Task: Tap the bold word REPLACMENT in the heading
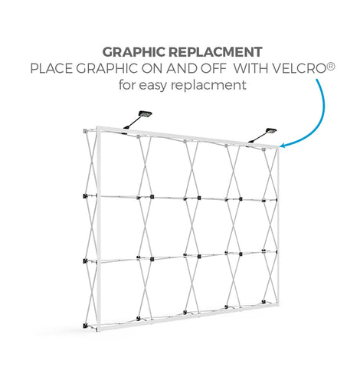[x=215, y=52]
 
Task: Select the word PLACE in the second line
[x=51, y=68]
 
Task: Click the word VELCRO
[x=299, y=68]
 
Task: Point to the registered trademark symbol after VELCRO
[x=330, y=66]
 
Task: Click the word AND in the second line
[x=182, y=68]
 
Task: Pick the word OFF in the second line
[x=214, y=68]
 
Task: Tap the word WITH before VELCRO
[x=250, y=68]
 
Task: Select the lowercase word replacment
[x=208, y=86]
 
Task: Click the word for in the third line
[x=127, y=84]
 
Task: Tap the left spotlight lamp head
[x=145, y=114]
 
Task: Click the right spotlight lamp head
[x=270, y=131]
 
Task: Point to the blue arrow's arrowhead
[x=282, y=146]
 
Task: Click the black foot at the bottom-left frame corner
[x=85, y=326]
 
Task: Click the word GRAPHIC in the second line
[x=106, y=68]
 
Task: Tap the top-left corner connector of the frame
[x=85, y=131]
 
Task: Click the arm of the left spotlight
[x=132, y=123]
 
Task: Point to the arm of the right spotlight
[x=257, y=137]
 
